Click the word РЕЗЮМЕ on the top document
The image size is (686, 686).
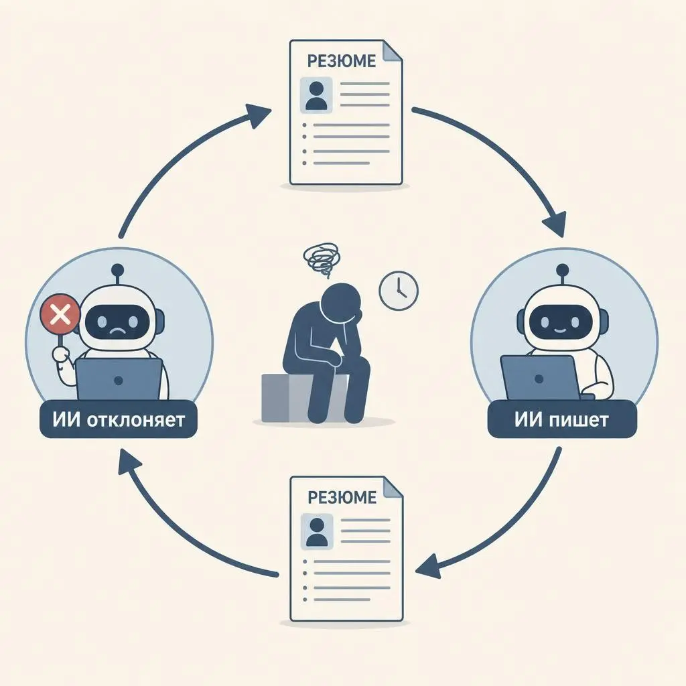click(x=341, y=61)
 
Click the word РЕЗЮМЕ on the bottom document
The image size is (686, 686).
click(x=342, y=497)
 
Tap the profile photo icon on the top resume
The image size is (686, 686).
click(x=316, y=95)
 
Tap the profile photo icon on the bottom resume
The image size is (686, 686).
click(x=317, y=531)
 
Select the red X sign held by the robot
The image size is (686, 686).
click(x=60, y=314)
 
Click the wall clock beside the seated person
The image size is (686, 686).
click(x=399, y=291)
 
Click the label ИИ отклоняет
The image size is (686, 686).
click(x=119, y=419)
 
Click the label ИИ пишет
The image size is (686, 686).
click(x=562, y=419)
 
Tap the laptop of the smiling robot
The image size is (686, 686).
click(x=541, y=377)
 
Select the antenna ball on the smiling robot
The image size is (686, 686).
click(x=562, y=270)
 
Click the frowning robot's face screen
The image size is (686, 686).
click(x=117, y=323)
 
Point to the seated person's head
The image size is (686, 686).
click(x=340, y=302)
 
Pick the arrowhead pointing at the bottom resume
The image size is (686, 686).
click(x=429, y=566)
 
